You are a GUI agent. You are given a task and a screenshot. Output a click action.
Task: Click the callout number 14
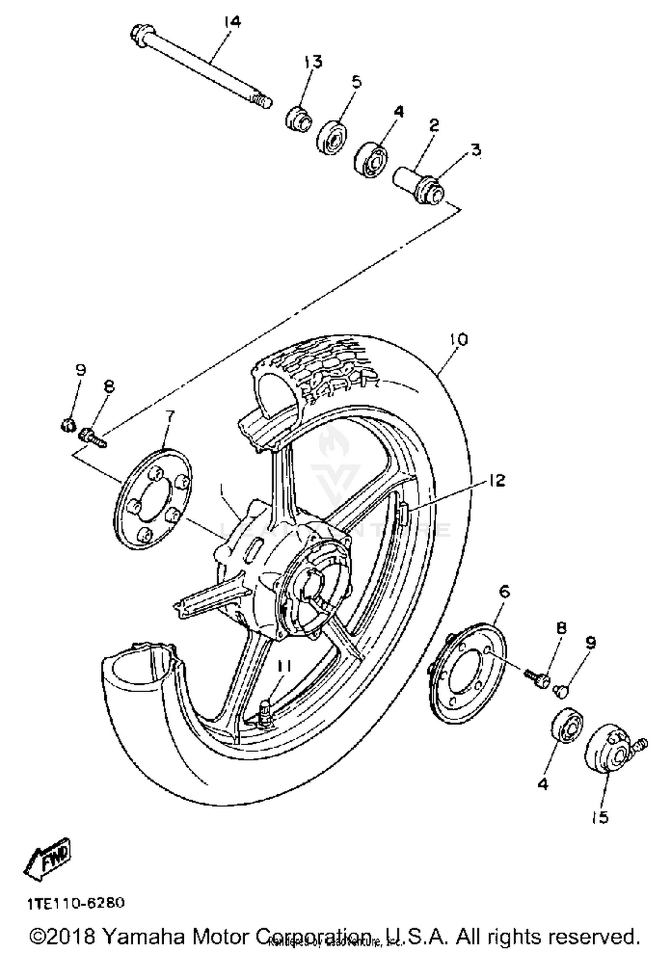coord(233,22)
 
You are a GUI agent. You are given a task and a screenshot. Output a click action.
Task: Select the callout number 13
coord(313,62)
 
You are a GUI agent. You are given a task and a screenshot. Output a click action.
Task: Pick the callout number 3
coord(476,150)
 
